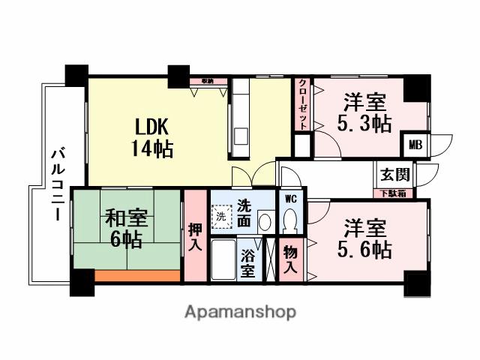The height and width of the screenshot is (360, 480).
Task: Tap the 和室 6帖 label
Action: (124, 229)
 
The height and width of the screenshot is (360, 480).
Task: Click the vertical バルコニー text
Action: (56, 183)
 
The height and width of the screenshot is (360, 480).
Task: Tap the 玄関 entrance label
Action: (394, 175)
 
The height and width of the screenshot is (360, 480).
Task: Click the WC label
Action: (289, 199)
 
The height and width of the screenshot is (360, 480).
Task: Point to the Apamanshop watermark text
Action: (240, 311)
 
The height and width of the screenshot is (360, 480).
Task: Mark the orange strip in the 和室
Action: (137, 276)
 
